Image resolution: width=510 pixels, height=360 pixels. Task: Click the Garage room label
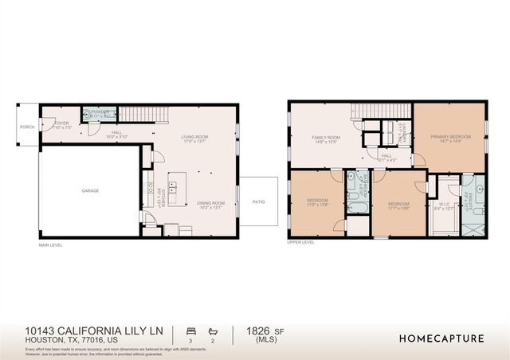(89, 191)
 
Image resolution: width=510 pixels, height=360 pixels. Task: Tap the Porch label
(26, 123)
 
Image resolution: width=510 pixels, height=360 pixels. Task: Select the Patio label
(260, 201)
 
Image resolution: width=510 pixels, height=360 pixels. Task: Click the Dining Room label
(211, 203)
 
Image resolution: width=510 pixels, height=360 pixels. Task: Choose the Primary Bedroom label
(449, 137)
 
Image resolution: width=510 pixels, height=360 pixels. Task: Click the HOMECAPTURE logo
(441, 338)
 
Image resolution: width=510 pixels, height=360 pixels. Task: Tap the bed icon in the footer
(190, 330)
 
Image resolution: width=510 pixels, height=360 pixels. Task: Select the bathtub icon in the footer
(213, 330)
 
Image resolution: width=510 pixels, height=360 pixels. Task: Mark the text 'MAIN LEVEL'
(50, 245)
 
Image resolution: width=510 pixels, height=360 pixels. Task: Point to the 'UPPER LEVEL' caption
(302, 241)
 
